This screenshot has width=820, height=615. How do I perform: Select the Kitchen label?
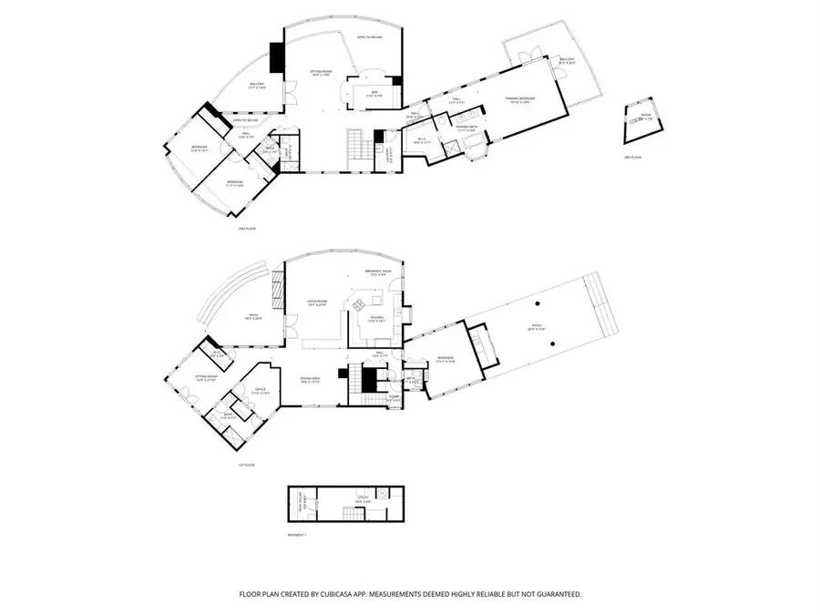point(375,318)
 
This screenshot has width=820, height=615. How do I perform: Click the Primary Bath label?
point(467,129)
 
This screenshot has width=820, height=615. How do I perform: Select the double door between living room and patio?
point(292,324)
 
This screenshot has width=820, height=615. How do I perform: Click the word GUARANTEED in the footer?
point(556,594)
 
